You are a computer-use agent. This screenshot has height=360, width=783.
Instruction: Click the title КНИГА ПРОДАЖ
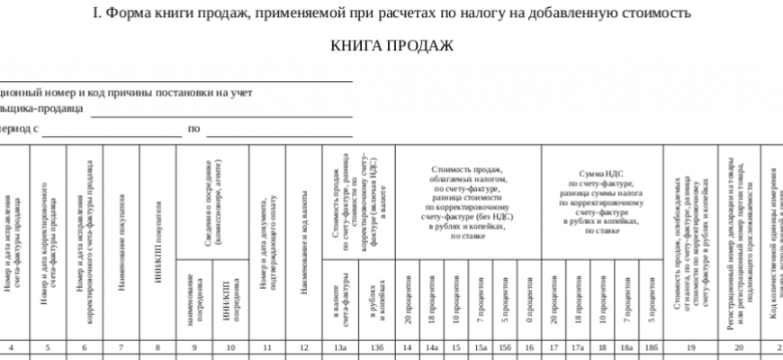391,46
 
